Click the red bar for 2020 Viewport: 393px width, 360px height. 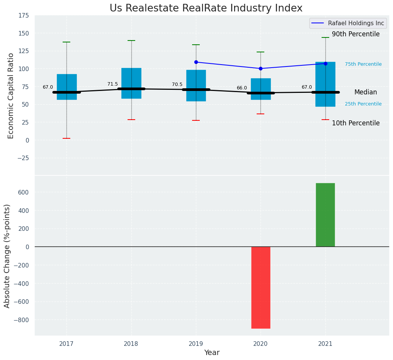coord(260,287)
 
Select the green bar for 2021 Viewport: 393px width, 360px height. coord(325,215)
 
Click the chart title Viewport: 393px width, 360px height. coord(206,8)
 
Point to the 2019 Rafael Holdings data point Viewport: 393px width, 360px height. coord(196,62)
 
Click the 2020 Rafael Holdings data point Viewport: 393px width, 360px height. coord(260,68)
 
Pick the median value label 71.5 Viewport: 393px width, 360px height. coord(113,84)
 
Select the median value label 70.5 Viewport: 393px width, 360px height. coord(177,84)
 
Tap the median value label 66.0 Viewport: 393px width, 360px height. coord(242,88)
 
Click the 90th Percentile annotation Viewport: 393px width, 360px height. coord(356,34)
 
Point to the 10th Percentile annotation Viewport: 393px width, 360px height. coord(356,123)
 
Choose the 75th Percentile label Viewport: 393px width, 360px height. coord(363,64)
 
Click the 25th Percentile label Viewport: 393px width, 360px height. coord(363,104)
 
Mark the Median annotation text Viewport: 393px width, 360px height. coord(366,92)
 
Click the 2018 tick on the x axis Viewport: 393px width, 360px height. coord(131,344)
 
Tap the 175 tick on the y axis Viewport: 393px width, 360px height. coord(23,15)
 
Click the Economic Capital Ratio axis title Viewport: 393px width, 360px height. coord(11,96)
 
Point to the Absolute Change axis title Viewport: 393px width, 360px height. coord(7,256)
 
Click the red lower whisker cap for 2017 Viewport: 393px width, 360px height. coord(66,138)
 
